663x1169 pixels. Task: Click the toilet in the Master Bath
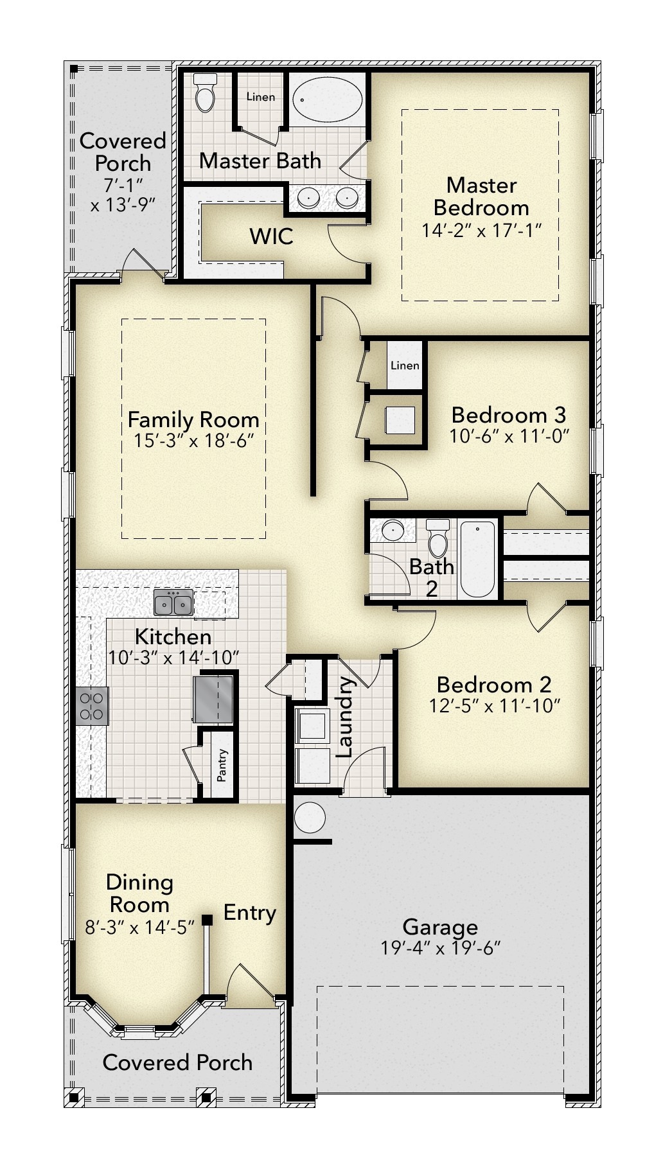tap(206, 94)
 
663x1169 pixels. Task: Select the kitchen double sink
tap(173, 604)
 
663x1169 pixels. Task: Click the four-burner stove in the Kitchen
tap(91, 706)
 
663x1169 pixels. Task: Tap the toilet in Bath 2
tap(438, 538)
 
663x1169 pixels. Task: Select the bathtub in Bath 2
tap(477, 559)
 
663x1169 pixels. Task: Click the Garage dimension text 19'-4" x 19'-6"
tap(440, 948)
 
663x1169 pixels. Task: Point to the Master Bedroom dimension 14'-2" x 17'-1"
tap(481, 230)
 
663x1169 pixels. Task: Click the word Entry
tap(250, 912)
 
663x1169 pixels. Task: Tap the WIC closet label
tap(271, 236)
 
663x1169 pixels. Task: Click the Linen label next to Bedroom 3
tap(405, 365)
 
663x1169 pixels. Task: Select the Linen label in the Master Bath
tap(260, 97)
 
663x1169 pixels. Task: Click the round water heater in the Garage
tap(310, 818)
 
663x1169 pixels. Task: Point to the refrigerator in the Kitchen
tap(213, 698)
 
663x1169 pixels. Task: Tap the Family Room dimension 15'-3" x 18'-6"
tap(193, 441)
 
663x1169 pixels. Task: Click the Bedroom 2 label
tap(493, 684)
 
